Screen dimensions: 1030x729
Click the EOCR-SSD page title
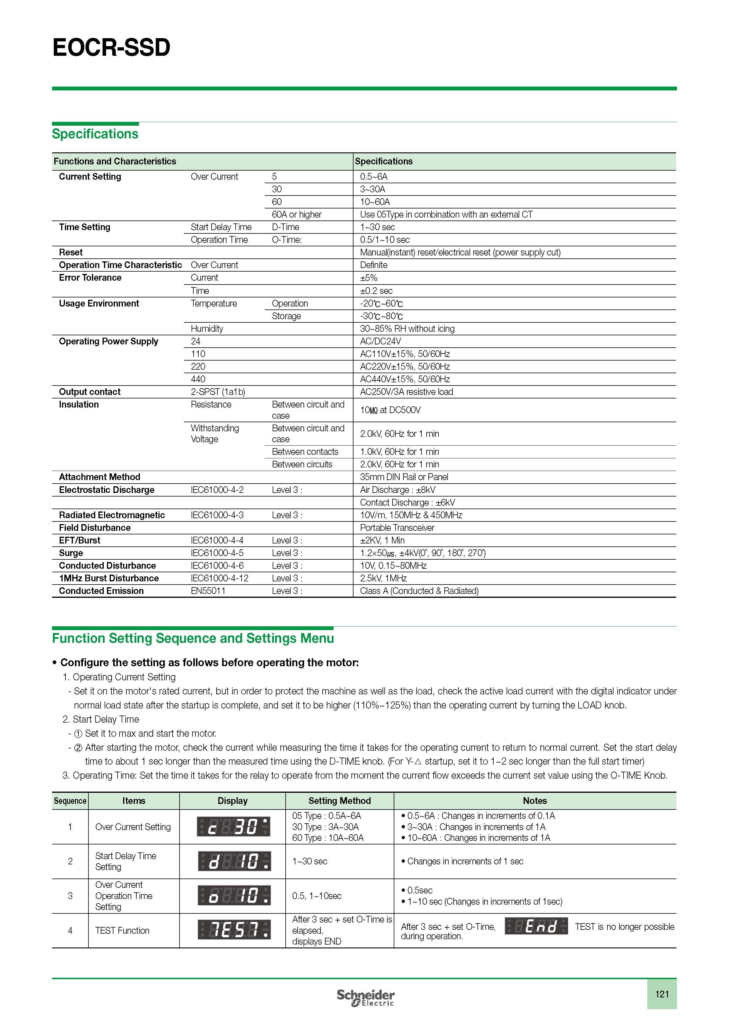coord(111,48)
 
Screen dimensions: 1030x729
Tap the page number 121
coord(662,994)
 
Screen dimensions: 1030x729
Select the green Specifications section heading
coord(95,134)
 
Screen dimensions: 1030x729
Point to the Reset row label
coord(71,252)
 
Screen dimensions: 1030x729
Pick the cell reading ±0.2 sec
coord(376,291)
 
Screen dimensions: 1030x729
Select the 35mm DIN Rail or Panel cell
coord(404,477)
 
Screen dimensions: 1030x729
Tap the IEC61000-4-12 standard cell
coord(219,578)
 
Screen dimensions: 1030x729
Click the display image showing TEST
coord(234,930)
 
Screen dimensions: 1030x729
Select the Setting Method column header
coord(339,801)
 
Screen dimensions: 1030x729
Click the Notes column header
coord(535,801)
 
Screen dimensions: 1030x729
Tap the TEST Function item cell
coord(122,930)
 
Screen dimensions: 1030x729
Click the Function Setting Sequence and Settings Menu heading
coord(193,638)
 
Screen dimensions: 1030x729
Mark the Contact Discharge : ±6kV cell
coord(407,502)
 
